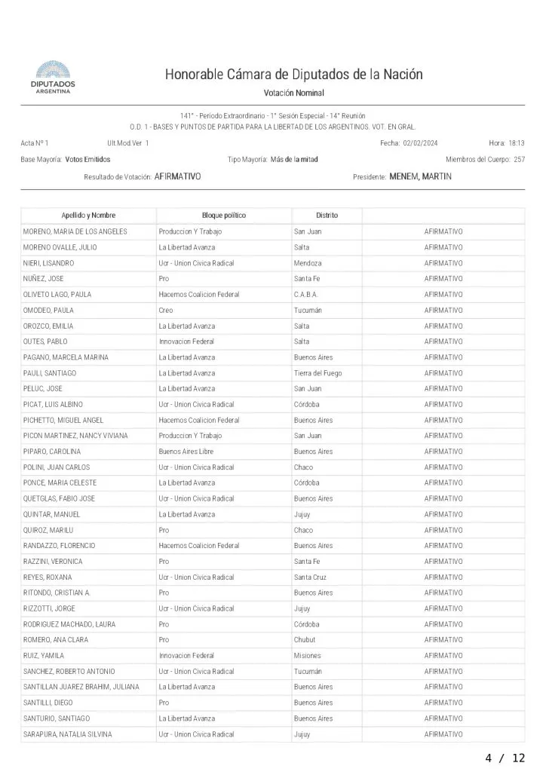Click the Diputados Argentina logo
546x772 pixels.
tap(52, 78)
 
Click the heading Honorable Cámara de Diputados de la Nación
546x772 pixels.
tap(294, 75)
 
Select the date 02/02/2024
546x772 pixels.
tap(425, 142)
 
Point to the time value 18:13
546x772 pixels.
tap(517, 142)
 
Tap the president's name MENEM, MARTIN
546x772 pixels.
tap(420, 176)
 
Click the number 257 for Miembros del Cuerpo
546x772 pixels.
tap(519, 159)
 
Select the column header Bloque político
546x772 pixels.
tap(224, 216)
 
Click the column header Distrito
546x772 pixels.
tap(327, 216)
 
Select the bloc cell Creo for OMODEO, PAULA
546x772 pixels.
tap(166, 310)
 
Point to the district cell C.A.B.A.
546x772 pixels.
tap(306, 294)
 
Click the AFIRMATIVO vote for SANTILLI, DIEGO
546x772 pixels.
tap(443, 703)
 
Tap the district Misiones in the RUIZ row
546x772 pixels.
tap(307, 655)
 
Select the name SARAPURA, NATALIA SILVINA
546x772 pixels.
tap(67, 734)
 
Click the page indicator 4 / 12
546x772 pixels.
tap(505, 758)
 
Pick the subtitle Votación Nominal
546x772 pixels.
tap(294, 93)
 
